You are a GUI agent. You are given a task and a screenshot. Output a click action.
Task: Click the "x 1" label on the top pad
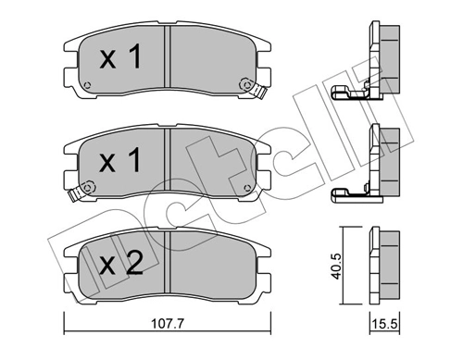119,59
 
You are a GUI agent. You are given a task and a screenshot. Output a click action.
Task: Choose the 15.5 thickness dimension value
387,326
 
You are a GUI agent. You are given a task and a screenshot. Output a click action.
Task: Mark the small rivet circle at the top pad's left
86,87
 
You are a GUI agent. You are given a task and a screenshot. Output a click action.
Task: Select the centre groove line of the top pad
167,59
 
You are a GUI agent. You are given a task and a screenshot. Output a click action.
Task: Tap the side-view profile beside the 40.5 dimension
387,264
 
